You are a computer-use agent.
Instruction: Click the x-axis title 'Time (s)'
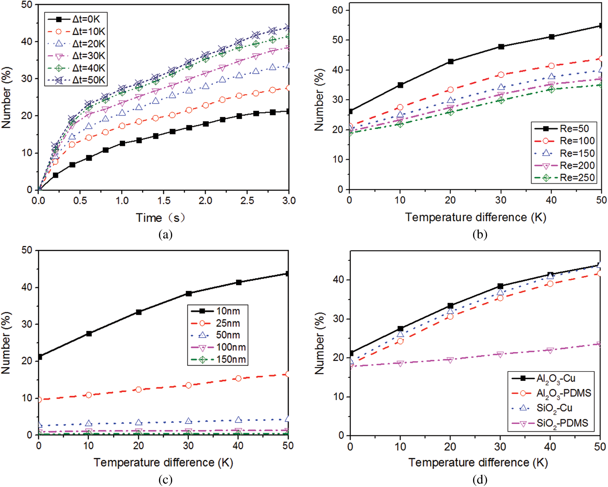160,218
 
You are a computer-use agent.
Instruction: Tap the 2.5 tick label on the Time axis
247,201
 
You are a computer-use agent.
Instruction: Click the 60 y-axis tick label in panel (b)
338,10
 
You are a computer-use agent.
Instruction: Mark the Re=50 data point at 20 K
450,62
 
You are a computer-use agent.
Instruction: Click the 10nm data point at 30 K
189,294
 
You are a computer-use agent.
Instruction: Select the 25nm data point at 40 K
238,378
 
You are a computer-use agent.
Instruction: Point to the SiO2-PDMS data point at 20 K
450,360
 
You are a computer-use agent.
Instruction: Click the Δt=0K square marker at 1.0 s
122,143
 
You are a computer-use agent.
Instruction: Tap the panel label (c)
165,480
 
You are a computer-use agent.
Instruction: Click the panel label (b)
480,234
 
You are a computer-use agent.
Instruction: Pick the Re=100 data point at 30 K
501,75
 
